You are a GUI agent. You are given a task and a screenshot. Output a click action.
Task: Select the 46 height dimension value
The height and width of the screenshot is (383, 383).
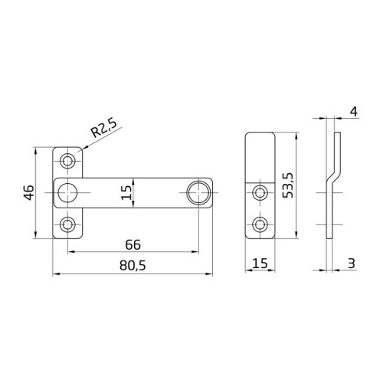point(28,191)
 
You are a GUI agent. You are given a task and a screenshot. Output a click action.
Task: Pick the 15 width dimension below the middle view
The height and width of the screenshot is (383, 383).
point(259,264)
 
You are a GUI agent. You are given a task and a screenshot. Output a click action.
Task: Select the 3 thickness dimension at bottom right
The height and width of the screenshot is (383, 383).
point(351,264)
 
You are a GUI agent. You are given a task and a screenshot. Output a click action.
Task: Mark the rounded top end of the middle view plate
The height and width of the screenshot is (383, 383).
point(260,136)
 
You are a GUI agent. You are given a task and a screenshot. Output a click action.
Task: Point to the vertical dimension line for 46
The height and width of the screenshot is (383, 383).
point(38,191)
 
